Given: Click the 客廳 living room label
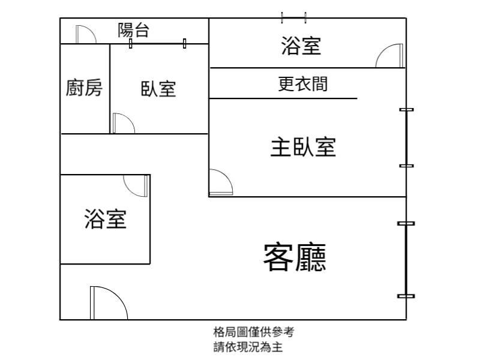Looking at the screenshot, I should [x=295, y=257].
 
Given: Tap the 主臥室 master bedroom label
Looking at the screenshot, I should [x=302, y=146].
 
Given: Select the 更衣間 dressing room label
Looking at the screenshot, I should [x=303, y=84].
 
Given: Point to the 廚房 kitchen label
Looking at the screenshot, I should [x=84, y=88].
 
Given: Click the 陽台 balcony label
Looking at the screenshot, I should [x=133, y=31].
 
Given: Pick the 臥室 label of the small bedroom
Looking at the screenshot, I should [x=158, y=89].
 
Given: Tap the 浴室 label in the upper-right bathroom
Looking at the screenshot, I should [x=301, y=46].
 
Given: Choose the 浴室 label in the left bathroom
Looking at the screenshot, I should [x=106, y=219].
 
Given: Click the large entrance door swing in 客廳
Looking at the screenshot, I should [x=108, y=304].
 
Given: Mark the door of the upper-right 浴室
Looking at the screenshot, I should [x=389, y=56].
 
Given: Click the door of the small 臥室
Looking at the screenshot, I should [x=122, y=124].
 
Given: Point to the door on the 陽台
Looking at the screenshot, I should [x=86, y=34].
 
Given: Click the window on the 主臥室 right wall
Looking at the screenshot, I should [x=407, y=137].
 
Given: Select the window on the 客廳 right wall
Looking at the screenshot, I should [x=406, y=259].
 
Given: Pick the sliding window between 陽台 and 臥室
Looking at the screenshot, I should [x=157, y=43].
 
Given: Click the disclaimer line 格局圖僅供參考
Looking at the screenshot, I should [x=254, y=331].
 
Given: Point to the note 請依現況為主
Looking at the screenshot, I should [x=248, y=346].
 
